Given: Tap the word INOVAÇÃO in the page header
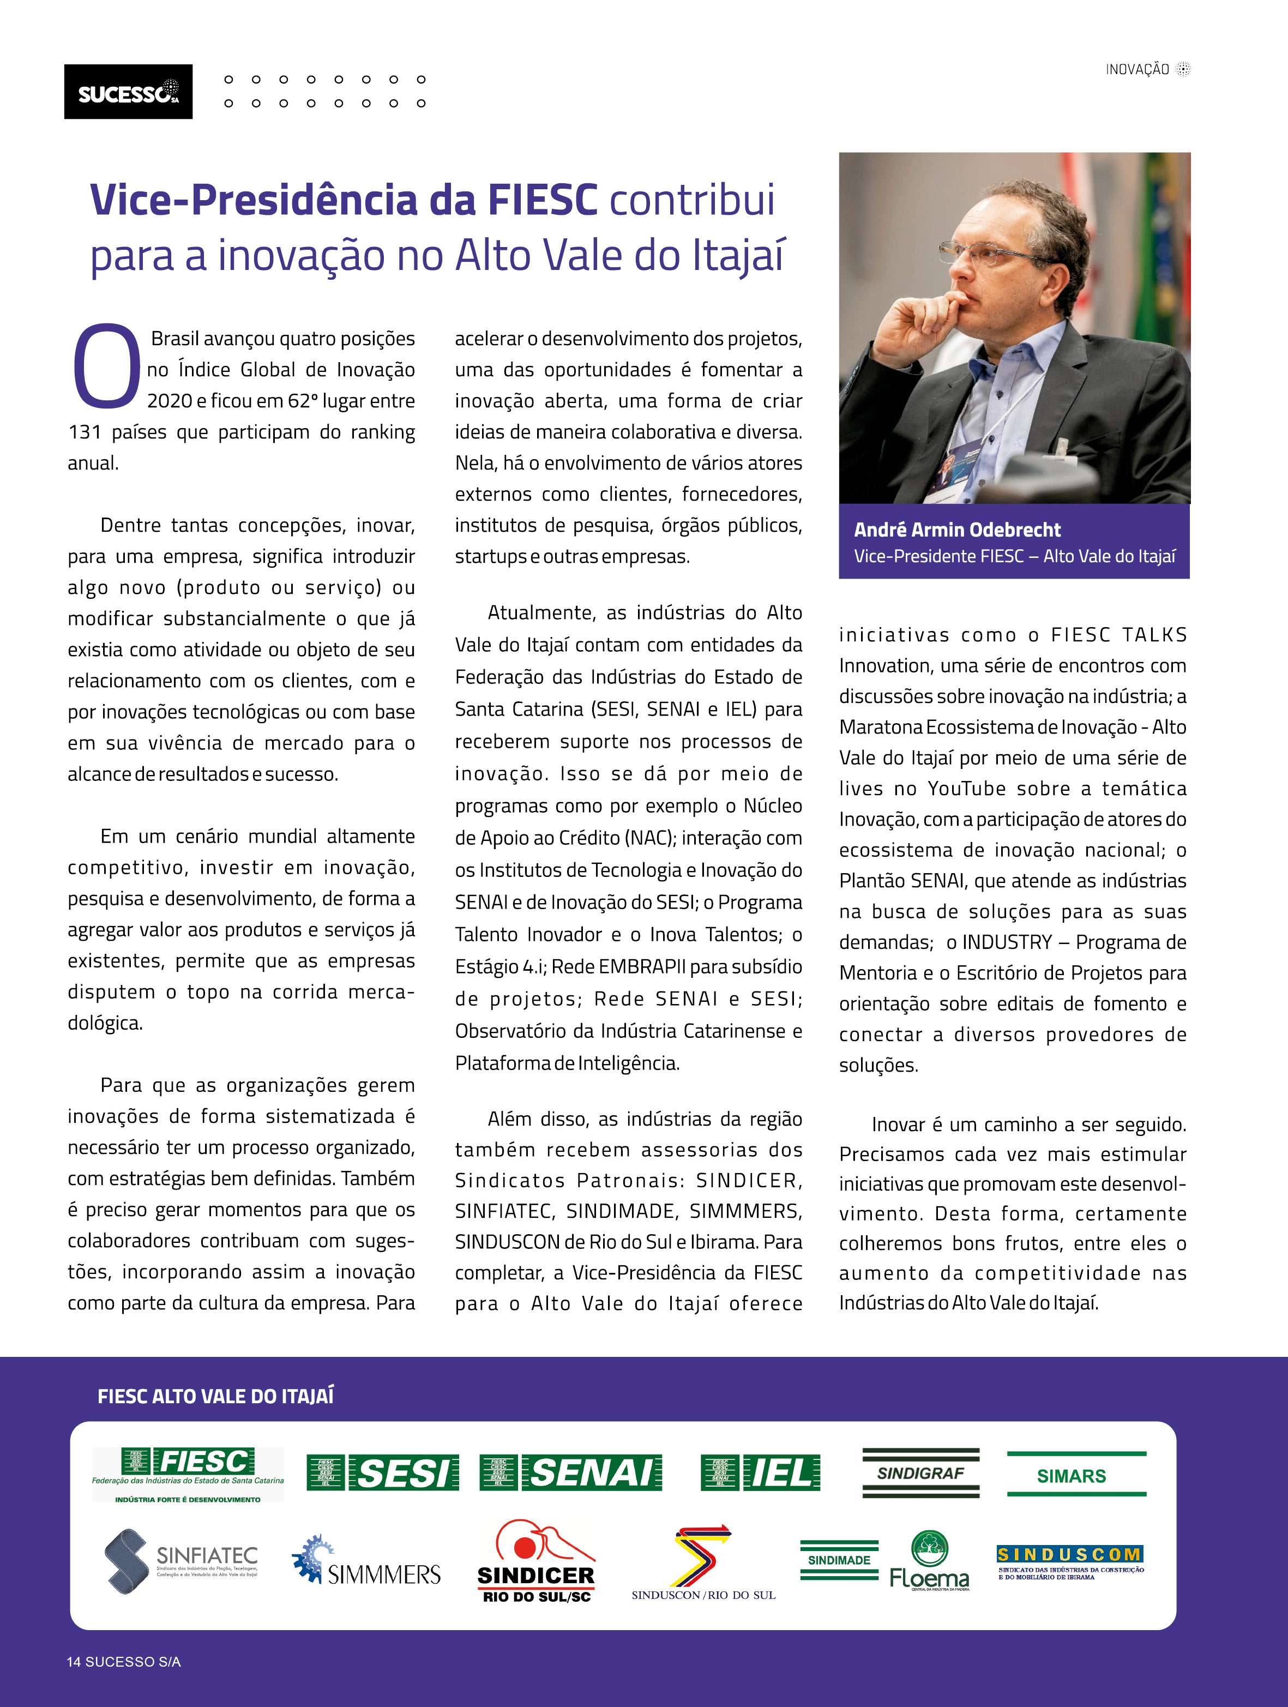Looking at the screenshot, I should click(1137, 69).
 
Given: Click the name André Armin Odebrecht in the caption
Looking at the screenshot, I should click(957, 530).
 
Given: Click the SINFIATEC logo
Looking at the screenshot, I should click(182, 1560).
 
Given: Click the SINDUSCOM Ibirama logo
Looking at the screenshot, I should click(1069, 1560).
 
